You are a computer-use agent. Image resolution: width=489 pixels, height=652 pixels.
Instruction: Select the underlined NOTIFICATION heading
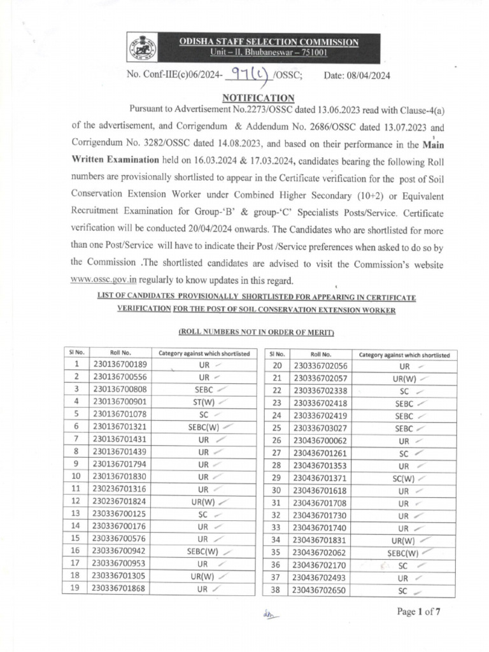[x=258, y=97]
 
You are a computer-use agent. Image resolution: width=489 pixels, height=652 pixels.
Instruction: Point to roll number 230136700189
[x=119, y=364]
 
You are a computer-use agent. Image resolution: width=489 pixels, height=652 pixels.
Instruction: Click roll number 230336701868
[x=119, y=589]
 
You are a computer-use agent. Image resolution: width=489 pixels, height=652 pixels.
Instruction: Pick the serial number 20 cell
[x=276, y=365]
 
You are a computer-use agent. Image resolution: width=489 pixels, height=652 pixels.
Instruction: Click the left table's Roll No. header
[x=120, y=353]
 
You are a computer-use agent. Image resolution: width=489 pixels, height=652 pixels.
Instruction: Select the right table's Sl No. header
[x=277, y=354]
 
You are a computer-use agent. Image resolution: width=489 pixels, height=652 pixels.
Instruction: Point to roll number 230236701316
[x=119, y=489]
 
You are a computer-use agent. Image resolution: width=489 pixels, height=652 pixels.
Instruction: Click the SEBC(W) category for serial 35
[x=403, y=553]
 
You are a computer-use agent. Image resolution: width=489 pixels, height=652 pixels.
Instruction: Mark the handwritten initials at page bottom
[x=271, y=614]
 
